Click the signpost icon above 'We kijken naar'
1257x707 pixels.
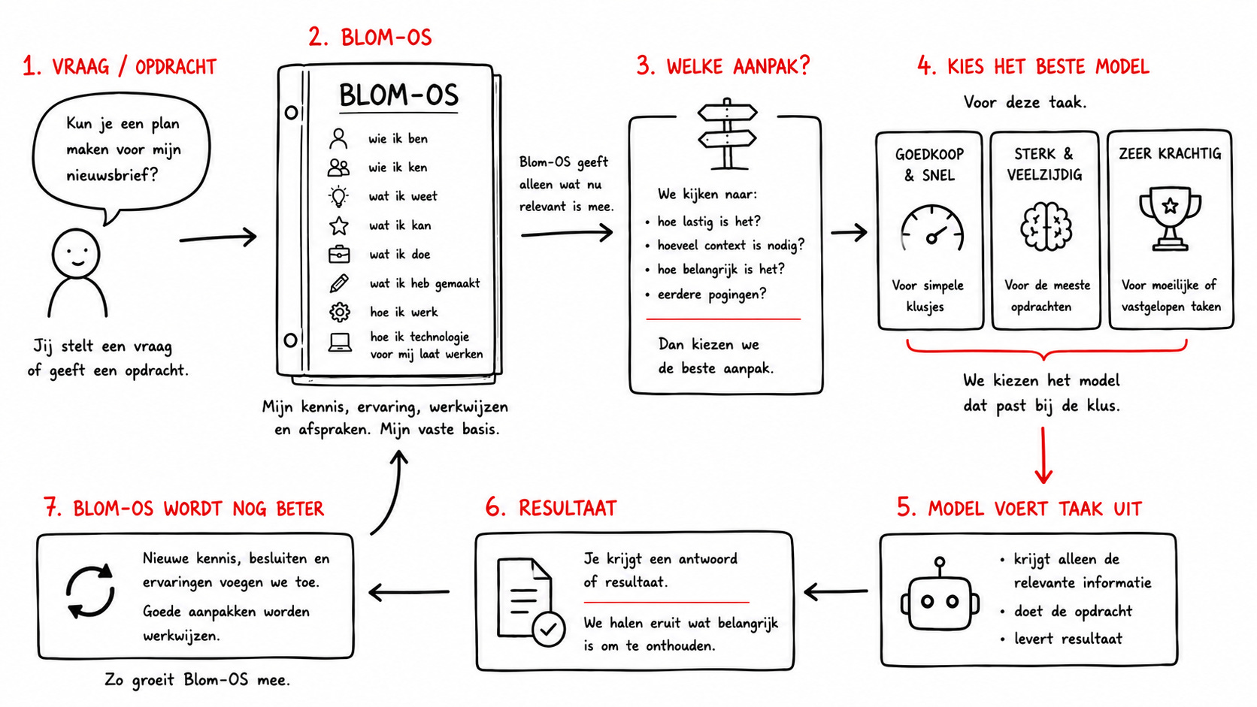pos(727,134)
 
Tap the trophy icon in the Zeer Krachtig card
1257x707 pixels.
pos(1170,219)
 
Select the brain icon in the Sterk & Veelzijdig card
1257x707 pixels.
pos(1046,225)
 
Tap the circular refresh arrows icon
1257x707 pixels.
pos(90,592)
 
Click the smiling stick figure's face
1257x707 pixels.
pos(76,253)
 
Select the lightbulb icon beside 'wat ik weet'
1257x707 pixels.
pos(338,196)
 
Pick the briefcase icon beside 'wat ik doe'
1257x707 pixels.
pos(339,254)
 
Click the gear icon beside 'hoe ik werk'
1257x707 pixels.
pos(340,312)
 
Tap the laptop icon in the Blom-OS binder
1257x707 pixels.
pos(340,343)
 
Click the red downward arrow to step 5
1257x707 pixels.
pos(1043,455)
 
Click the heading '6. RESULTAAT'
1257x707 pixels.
pos(550,508)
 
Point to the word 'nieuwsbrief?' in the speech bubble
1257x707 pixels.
pos(112,176)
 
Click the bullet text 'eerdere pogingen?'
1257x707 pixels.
pos(711,295)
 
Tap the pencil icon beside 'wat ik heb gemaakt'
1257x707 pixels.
pos(339,283)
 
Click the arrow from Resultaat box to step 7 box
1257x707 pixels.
pos(409,592)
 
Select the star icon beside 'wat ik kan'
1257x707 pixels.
pos(339,225)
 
